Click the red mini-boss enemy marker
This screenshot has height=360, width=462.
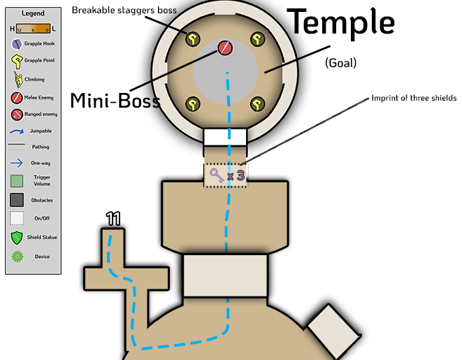224,48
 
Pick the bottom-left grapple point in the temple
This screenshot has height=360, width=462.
191,105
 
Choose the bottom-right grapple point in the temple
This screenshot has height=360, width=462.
258,105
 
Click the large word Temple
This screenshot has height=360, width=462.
342,22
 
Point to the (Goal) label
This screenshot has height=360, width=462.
341,63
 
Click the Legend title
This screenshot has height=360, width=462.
33,13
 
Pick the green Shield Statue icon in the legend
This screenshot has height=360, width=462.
17,238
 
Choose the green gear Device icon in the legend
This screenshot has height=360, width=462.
17,257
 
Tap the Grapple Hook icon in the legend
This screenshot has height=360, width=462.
17,43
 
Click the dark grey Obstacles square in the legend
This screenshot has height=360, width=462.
17,200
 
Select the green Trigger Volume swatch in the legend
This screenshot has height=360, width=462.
17,181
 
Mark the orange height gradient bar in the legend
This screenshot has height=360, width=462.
33,28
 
